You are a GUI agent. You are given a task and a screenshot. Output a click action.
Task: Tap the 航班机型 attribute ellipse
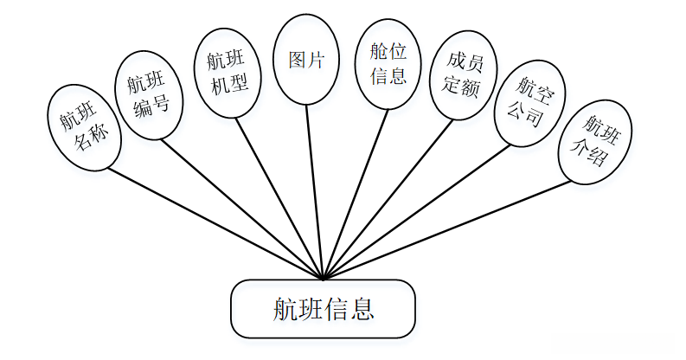tap(226, 72)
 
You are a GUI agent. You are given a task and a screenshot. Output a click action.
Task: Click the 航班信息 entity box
tap(323, 309)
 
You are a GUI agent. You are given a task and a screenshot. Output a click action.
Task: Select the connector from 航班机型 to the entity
tap(282, 200)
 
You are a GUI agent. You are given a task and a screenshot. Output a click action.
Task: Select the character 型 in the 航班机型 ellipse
tap(236, 85)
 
